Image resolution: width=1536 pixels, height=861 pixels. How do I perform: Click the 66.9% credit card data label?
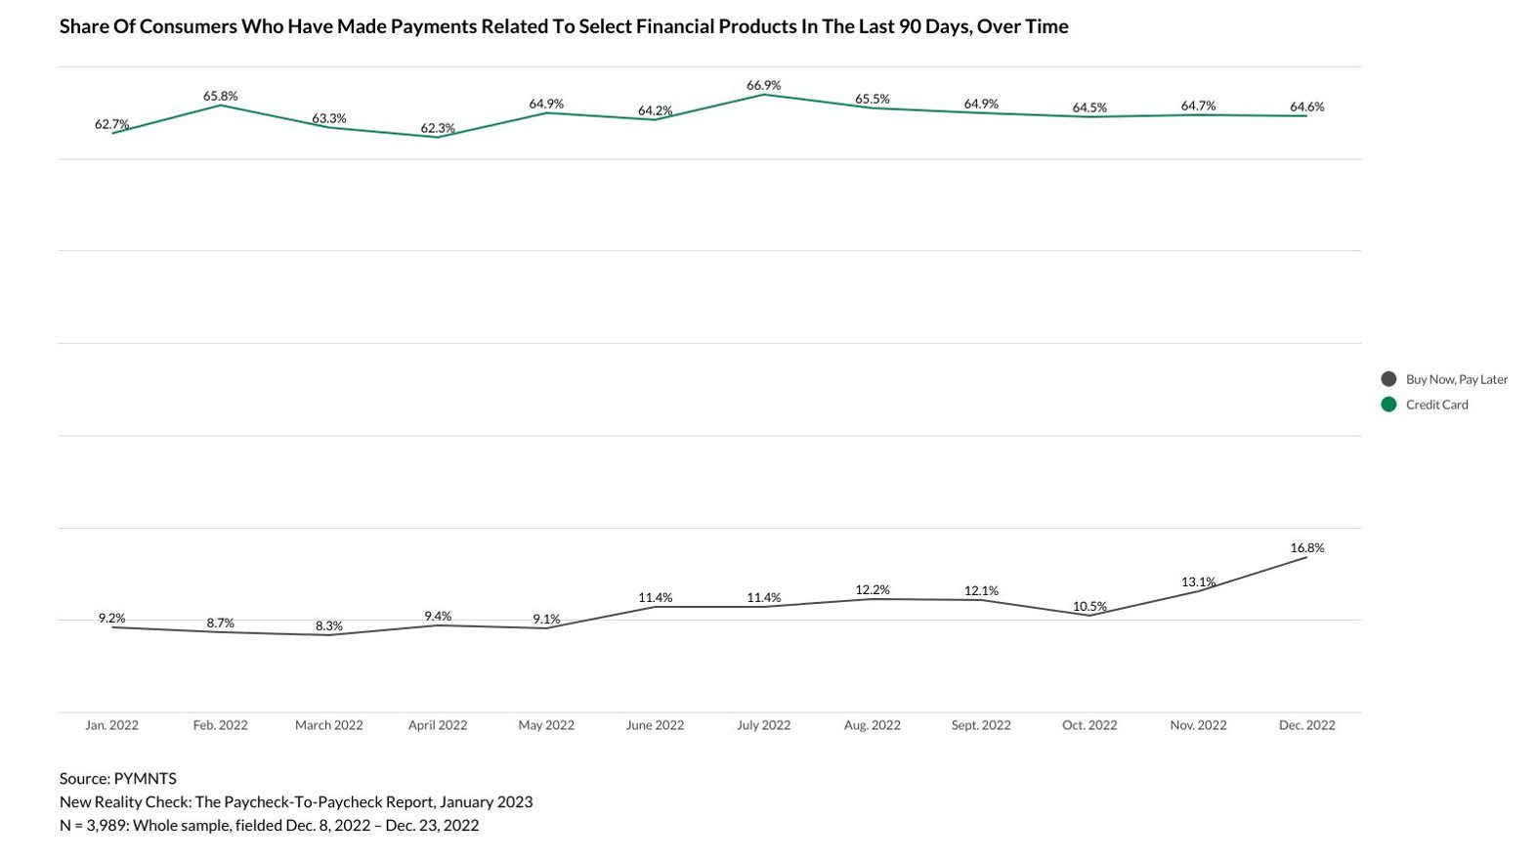pyautogui.click(x=763, y=86)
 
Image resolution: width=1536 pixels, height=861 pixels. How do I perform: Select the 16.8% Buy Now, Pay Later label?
pyautogui.click(x=1306, y=548)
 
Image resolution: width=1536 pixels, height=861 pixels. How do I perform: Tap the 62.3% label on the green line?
pyautogui.click(x=438, y=128)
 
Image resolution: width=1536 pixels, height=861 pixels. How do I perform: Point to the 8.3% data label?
pyautogui.click(x=329, y=626)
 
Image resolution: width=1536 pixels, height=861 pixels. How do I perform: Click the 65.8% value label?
pyautogui.click(x=220, y=96)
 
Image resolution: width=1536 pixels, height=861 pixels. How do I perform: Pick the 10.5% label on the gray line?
pyautogui.click(x=1089, y=607)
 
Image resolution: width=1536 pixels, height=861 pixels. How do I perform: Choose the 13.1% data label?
pyautogui.click(x=1198, y=582)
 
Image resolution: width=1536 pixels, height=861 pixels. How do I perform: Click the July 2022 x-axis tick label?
pyautogui.click(x=763, y=725)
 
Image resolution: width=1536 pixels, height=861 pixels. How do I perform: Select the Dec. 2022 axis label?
pyautogui.click(x=1306, y=725)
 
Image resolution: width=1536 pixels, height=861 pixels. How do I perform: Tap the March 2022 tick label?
pyautogui.click(x=329, y=725)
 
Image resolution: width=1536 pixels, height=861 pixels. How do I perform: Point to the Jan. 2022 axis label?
pyautogui.click(x=111, y=725)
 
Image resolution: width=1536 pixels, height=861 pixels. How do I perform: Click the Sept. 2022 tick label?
pyautogui.click(x=981, y=725)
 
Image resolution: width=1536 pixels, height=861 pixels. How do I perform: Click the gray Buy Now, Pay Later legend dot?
pyautogui.click(x=1388, y=379)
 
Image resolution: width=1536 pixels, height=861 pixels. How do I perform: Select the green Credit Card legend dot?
pyautogui.click(x=1388, y=405)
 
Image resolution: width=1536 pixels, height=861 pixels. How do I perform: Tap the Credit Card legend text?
pyautogui.click(x=1436, y=405)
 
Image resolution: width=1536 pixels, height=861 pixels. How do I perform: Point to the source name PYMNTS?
pyautogui.click(x=145, y=779)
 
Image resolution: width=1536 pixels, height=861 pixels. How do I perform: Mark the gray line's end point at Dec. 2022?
pyautogui.click(x=1306, y=557)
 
